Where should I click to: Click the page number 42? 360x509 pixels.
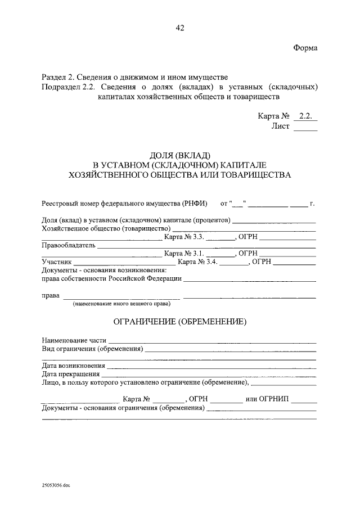tap(180, 28)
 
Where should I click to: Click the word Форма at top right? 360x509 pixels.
tap(305, 48)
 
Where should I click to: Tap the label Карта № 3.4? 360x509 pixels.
tap(197, 262)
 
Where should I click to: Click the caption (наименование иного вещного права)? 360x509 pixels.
tap(121, 304)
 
